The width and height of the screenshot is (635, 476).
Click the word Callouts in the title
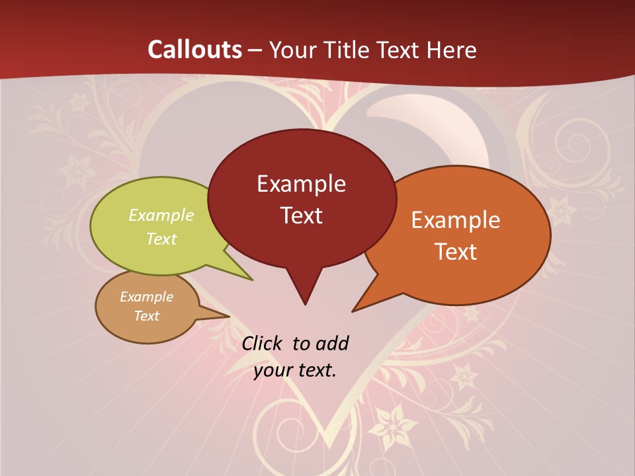pyautogui.click(x=194, y=50)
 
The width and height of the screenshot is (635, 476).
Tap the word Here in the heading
pyautogui.click(x=452, y=50)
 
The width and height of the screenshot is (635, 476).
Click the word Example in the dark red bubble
pyautogui.click(x=301, y=184)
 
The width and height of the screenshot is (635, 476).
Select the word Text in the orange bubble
pyautogui.click(x=456, y=251)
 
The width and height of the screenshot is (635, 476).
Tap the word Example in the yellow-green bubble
pyautogui.click(x=161, y=216)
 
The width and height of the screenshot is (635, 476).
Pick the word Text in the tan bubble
pyautogui.click(x=147, y=316)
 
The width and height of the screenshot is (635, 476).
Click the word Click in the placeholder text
pyautogui.click(x=262, y=343)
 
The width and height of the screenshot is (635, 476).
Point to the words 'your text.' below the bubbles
pyautogui.click(x=295, y=370)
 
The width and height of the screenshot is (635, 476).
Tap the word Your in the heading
pyautogui.click(x=294, y=50)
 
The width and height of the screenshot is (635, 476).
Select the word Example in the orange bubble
pyautogui.click(x=456, y=220)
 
